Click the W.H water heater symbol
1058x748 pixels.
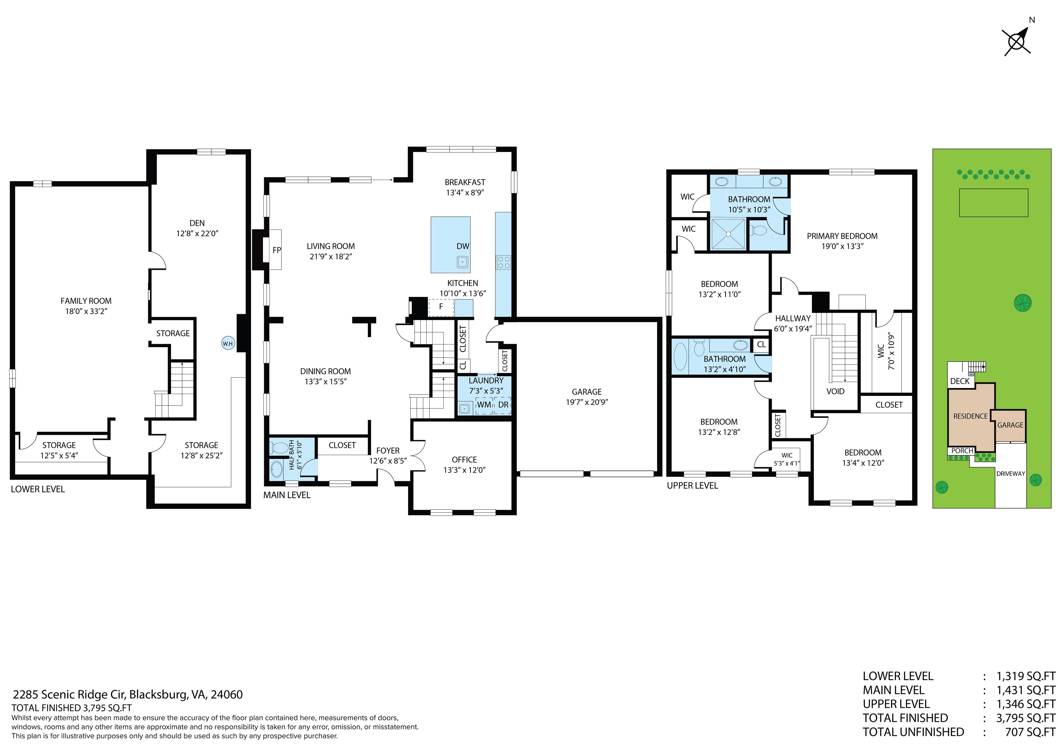[x=228, y=344]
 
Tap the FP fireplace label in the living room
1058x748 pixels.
[x=277, y=250]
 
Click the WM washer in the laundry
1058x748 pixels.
[x=484, y=404]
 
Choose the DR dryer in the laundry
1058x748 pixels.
[x=503, y=404]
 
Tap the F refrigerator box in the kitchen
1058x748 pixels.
[x=441, y=307]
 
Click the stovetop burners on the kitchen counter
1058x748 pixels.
[x=503, y=263]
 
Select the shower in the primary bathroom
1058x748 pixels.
[x=728, y=234]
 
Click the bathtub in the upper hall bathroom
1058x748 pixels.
[x=680, y=356]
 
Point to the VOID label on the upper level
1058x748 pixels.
[x=836, y=391]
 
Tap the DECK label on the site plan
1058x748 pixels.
[x=960, y=381]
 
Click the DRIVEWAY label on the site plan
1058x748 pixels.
[x=1010, y=473]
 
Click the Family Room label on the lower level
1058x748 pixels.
[x=86, y=301]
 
